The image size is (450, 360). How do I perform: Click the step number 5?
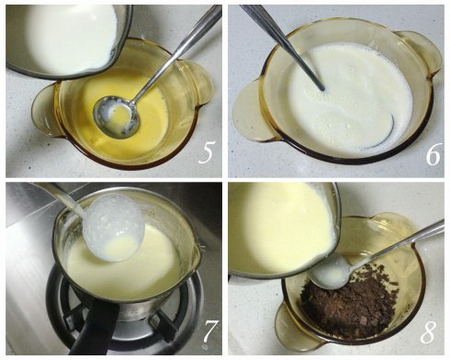coord(206,152)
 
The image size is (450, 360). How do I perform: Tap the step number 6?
coord(433,154)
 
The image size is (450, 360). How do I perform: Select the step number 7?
coord(211,331)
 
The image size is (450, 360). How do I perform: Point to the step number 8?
coord(428,332)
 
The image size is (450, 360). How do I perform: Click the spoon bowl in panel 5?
coord(116,116)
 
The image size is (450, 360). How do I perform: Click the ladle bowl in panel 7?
coord(114,228)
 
